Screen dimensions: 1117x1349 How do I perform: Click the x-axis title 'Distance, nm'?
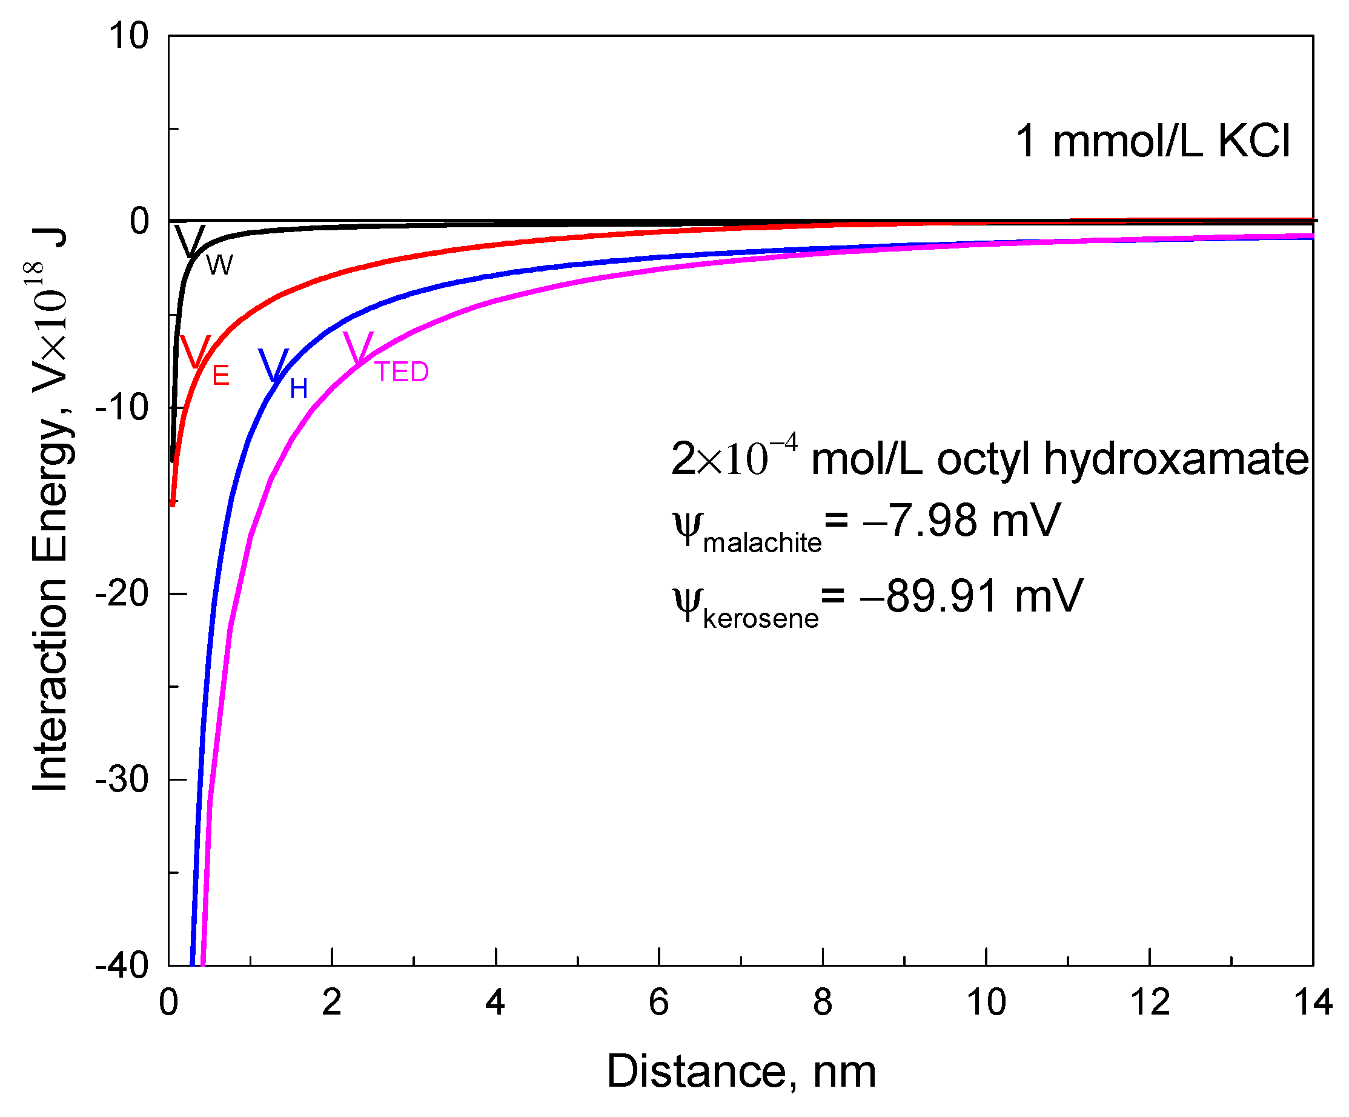[x=741, y=1072]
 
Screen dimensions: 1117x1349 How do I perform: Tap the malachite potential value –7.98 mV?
[x=960, y=521]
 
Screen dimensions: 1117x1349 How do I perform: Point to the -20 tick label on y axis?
[x=122, y=593]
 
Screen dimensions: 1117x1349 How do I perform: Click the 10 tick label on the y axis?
[x=128, y=36]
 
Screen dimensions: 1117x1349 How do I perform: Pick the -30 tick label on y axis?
[x=122, y=779]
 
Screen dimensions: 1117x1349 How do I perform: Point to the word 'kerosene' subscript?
[x=761, y=619]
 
